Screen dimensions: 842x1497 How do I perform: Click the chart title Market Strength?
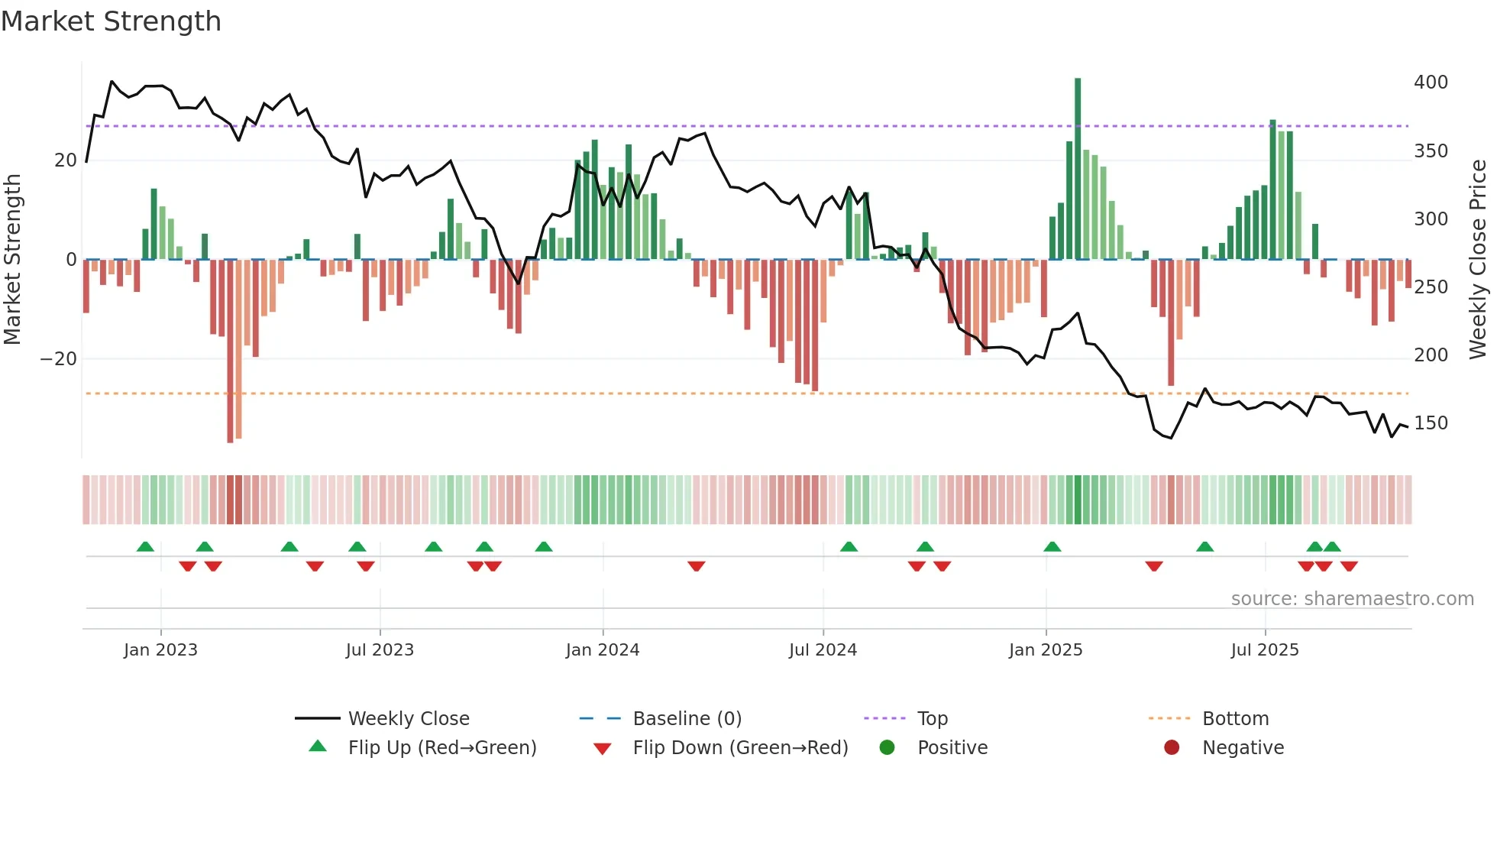111,21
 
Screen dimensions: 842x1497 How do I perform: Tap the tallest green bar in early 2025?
1078,168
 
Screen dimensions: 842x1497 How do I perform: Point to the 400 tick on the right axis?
1431,83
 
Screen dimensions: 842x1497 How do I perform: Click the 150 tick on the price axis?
1431,423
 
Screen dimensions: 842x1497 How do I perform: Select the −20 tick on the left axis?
59,359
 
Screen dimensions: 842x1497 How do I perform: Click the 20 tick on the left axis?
66,160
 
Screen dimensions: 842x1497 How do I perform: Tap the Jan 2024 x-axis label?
603,650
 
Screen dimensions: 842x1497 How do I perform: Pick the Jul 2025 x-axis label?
1265,650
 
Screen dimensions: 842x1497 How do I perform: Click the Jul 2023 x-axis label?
380,650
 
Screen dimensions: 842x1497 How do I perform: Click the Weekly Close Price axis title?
1479,260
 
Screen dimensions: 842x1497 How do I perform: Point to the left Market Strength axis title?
12,260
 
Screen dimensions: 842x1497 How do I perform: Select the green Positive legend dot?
887,747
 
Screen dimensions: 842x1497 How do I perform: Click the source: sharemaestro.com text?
1352,599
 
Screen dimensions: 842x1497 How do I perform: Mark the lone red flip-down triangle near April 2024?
696,566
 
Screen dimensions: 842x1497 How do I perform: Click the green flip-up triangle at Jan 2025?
1052,546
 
